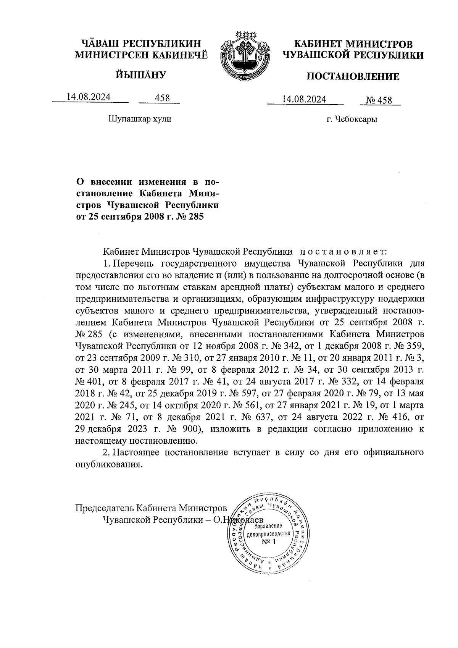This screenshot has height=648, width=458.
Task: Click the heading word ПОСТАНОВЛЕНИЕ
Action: (353, 77)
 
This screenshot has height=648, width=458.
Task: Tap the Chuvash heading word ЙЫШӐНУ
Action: (141, 74)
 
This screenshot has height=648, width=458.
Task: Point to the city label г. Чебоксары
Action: (352, 120)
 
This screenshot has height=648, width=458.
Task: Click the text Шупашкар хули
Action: (140, 119)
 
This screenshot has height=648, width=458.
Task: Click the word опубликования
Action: (108, 465)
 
